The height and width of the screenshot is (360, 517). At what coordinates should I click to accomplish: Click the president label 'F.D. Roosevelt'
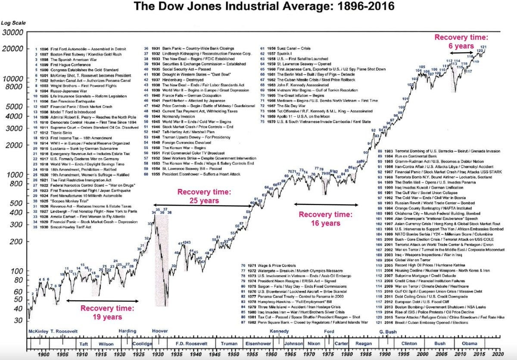coord(191,344)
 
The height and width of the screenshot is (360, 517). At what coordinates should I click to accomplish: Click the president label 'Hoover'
coord(160,331)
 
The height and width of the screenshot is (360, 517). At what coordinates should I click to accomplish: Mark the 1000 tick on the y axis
coord(16,175)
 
